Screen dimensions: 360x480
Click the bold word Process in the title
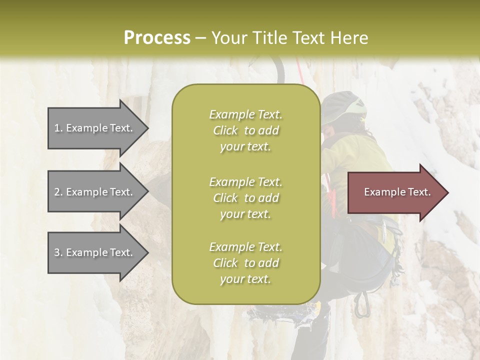coord(157,38)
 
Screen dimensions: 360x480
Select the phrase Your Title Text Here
coord(289,38)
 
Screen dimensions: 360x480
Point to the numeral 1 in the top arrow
coord(56,128)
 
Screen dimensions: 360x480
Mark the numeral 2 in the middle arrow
coord(57,192)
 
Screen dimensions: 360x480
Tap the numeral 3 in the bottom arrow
coord(57,252)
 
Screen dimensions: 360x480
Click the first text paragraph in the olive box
coord(245,130)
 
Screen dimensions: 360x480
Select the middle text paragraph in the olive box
coord(245,197)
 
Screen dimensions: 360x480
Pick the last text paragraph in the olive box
coord(245,263)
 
